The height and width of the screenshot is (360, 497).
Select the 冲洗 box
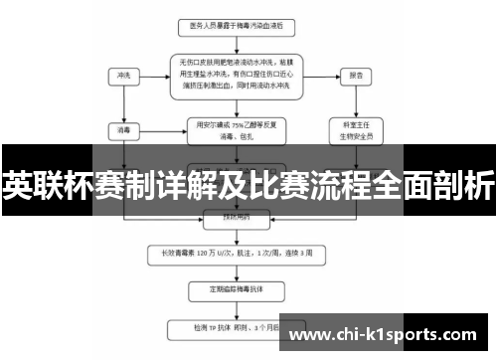(x=122, y=75)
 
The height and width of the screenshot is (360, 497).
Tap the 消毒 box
(x=122, y=128)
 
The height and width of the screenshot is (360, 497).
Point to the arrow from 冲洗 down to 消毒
(x=122, y=101)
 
